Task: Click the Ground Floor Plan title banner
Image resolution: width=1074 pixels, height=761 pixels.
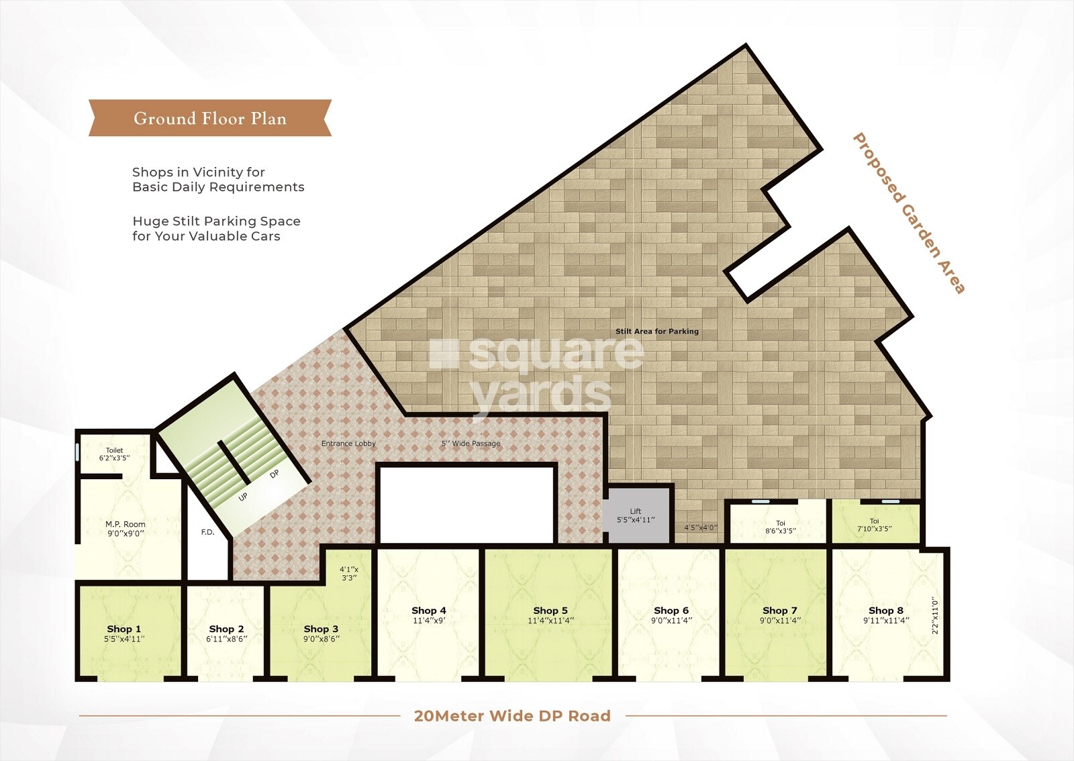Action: coord(210,119)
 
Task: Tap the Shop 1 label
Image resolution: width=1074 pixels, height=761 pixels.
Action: coord(124,629)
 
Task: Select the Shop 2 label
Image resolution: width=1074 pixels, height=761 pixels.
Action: coord(226,629)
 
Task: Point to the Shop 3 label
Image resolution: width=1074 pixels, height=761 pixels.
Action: coord(321,629)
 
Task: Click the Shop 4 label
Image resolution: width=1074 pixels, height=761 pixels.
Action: coord(429,611)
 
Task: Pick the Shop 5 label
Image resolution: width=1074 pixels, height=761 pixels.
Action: coord(550,611)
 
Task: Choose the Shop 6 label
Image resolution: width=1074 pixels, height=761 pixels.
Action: coord(671,611)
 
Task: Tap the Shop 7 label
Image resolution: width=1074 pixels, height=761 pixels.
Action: coord(780,611)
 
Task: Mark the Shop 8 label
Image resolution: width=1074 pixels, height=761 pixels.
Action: coord(886,611)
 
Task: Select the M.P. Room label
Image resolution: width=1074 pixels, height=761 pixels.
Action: coord(126,525)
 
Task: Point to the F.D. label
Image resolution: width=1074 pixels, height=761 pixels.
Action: coord(208,533)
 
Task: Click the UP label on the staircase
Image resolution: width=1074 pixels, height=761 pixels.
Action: coord(243,497)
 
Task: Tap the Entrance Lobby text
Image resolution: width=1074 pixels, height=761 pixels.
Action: coord(348,444)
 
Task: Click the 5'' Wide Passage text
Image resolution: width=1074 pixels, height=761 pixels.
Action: coord(471,444)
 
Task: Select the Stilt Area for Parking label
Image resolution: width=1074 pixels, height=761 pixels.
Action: coord(657,332)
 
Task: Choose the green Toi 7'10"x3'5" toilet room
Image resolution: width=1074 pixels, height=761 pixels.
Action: coord(875,523)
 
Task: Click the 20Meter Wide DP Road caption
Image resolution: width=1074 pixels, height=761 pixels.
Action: coord(512,716)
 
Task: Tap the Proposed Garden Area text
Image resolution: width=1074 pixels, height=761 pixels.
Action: coord(908,213)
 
